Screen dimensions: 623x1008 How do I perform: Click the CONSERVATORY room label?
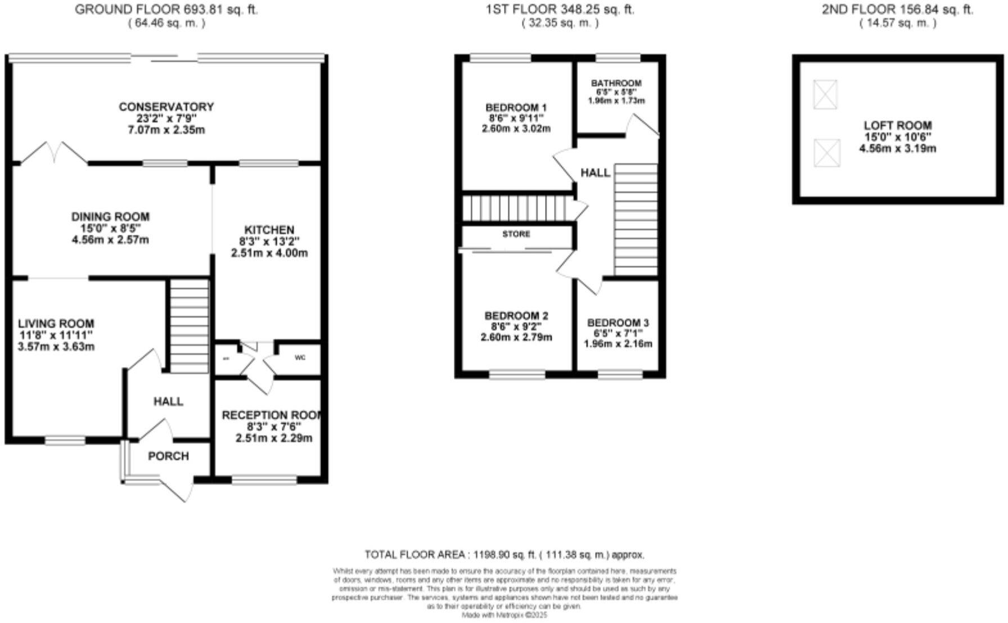[166, 107]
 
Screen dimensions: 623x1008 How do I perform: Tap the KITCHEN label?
[269, 230]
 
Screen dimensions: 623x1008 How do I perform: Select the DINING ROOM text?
[110, 217]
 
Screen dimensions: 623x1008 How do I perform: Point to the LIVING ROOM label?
[56, 324]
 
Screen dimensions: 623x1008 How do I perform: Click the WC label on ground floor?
[300, 358]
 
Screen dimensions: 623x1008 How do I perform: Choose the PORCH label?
[168, 456]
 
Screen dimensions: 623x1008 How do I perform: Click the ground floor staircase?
[189, 326]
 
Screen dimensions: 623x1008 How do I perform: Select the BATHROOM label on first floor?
[616, 83]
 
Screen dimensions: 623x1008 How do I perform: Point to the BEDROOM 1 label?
[516, 107]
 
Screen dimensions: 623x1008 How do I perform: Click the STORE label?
[516, 234]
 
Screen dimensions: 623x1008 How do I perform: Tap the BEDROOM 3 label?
[618, 323]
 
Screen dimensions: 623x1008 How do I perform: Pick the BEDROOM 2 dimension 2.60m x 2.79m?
[516, 338]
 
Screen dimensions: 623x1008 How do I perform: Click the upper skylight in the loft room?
[825, 94]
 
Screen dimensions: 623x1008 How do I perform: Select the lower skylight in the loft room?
[827, 153]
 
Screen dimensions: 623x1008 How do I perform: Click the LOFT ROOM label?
[897, 126]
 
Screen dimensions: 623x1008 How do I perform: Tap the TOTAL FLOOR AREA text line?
[504, 555]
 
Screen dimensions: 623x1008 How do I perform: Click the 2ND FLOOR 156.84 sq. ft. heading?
[897, 10]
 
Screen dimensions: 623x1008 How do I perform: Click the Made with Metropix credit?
[504, 616]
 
